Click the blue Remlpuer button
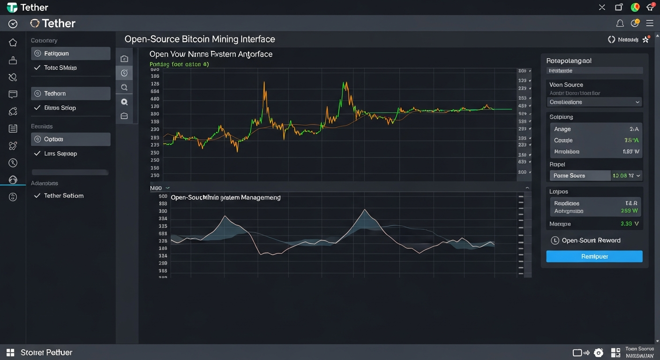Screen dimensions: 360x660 click(x=594, y=256)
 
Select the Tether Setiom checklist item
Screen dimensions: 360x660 click(x=63, y=195)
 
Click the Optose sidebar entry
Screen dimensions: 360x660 click(x=70, y=139)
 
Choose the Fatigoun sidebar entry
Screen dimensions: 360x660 click(x=70, y=53)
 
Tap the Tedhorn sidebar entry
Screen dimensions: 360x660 click(x=70, y=94)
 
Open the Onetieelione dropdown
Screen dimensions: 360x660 click(x=594, y=102)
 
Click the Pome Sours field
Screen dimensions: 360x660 click(x=579, y=176)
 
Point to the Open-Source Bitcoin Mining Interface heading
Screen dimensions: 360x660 click(x=200, y=39)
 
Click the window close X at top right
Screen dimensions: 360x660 click(x=602, y=7)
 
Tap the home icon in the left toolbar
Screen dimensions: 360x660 click(x=13, y=43)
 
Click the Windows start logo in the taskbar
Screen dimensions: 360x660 click(x=10, y=352)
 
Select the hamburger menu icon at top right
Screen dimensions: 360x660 click(x=650, y=23)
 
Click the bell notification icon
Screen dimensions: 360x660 click(x=620, y=23)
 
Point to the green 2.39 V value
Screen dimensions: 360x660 click(x=630, y=224)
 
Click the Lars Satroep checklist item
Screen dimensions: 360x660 click(x=60, y=154)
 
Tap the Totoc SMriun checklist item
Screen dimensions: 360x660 click(x=60, y=68)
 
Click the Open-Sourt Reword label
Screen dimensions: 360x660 click(x=591, y=240)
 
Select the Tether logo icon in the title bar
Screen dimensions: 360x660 click(x=12, y=7)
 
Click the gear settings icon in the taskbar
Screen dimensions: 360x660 click(x=599, y=353)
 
